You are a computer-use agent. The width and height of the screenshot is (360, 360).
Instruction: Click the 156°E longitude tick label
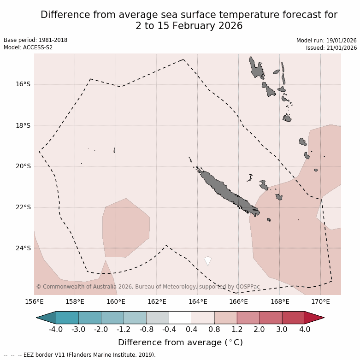34,302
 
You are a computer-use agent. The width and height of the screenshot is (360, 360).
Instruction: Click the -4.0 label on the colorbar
56,329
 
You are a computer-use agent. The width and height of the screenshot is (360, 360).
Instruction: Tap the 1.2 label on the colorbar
237,329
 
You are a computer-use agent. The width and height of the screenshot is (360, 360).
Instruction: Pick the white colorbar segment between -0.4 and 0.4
180,318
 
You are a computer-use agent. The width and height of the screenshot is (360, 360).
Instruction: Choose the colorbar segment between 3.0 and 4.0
293,318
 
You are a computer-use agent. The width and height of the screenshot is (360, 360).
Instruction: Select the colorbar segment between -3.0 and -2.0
90,318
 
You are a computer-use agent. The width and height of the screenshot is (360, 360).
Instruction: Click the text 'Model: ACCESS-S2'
28,47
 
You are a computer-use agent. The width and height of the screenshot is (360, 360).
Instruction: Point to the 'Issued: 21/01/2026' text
331,47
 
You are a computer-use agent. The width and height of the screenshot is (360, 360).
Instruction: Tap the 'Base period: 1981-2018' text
35,40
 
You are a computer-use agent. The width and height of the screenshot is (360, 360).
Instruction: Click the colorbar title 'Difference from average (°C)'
180,342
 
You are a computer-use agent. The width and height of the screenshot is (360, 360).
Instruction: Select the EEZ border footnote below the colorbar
80,355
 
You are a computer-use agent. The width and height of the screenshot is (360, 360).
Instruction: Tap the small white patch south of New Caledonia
208,260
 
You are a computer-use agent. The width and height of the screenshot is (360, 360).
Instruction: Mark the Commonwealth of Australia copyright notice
148,287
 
